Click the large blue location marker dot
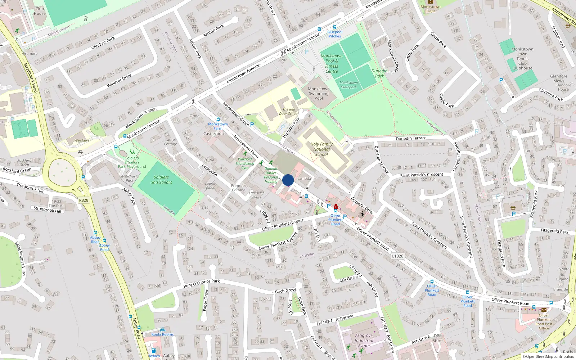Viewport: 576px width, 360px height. (288, 180)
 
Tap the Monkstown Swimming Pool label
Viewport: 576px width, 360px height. (319, 94)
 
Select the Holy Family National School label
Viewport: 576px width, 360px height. (321, 149)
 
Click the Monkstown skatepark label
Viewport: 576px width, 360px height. (348, 85)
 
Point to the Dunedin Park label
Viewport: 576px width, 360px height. (379, 73)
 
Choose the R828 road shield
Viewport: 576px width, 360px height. (84, 200)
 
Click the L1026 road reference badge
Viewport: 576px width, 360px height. (397, 256)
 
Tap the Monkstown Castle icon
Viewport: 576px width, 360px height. (430, 2)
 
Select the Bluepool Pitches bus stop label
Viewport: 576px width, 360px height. (334, 34)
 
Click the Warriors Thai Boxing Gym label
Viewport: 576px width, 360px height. (245, 163)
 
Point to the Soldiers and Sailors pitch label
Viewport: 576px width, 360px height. (161, 180)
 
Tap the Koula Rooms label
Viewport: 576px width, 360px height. (162, 334)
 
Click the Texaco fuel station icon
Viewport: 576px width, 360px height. (154, 351)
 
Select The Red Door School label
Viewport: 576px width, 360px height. (288, 111)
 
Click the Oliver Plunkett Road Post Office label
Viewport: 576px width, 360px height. (544, 321)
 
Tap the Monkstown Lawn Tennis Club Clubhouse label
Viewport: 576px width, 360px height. (522, 59)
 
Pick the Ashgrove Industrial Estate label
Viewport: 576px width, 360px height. (364, 340)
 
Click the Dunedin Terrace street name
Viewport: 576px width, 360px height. (411, 138)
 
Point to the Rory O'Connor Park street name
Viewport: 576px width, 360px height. (201, 283)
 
